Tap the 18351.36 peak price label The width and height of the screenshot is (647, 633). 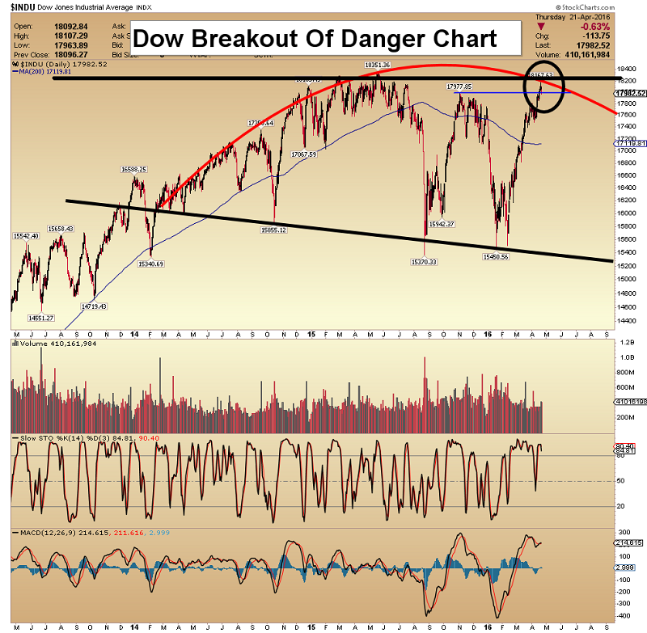pos(378,65)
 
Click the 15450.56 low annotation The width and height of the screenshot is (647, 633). pos(495,256)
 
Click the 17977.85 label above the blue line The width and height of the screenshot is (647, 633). pos(459,86)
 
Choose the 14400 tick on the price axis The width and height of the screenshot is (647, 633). pos(624,319)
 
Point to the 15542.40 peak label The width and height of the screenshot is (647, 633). pos(27,235)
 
